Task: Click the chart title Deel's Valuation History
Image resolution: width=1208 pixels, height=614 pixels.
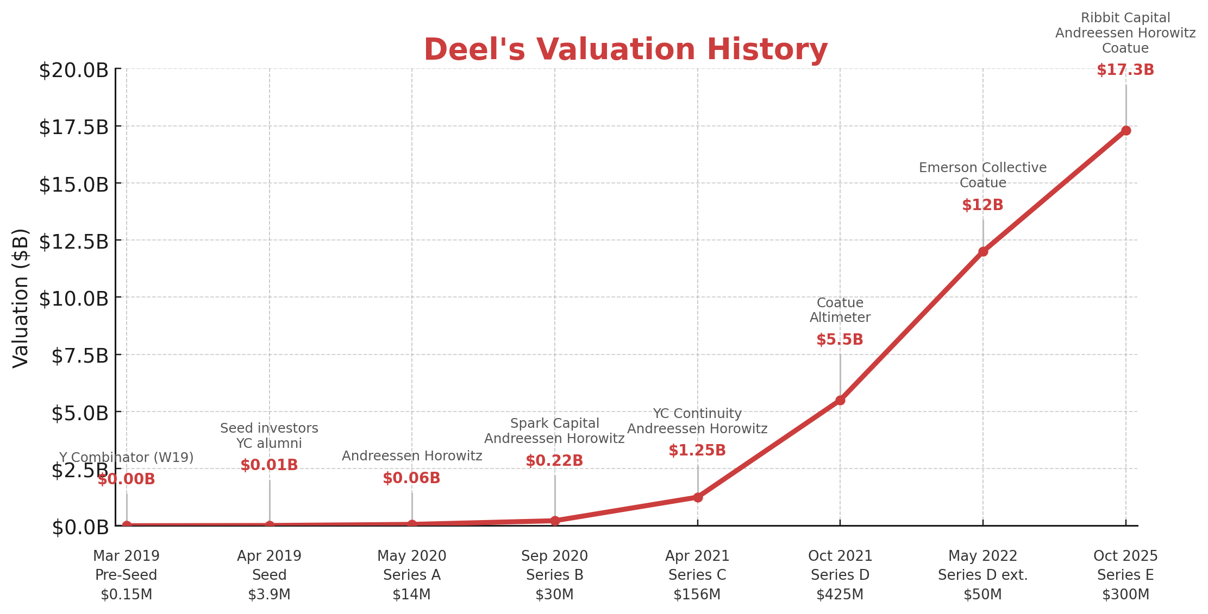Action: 625,50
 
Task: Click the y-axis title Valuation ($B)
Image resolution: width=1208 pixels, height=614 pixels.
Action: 21,297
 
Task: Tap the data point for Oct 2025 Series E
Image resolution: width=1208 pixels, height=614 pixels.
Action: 1125,130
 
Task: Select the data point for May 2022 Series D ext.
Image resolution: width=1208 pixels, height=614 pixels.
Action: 982,251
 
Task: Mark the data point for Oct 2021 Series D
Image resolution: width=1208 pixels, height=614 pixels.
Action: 840,400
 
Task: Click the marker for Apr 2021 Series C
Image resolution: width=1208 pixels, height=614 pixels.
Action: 697,497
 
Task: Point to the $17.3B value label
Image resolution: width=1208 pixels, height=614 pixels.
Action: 1125,70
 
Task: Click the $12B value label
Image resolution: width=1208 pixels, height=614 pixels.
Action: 982,205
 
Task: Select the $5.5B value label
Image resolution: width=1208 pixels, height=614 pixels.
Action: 840,340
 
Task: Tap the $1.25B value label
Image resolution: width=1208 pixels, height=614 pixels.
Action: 697,451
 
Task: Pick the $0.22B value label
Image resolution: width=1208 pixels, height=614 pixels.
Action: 554,461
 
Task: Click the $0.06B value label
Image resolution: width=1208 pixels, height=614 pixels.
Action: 411,478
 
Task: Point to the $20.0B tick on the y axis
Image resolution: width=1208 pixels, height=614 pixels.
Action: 73,71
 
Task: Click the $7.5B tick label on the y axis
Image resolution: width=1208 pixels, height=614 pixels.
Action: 80,356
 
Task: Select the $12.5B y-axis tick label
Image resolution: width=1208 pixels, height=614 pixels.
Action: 73,242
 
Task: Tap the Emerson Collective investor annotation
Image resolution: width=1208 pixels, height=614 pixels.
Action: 982,168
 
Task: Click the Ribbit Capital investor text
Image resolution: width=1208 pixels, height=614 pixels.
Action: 1125,18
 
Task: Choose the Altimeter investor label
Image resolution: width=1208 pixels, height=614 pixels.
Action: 840,318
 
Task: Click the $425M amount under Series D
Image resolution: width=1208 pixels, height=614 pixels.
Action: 840,594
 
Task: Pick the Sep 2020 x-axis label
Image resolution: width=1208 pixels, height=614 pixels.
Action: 554,556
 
